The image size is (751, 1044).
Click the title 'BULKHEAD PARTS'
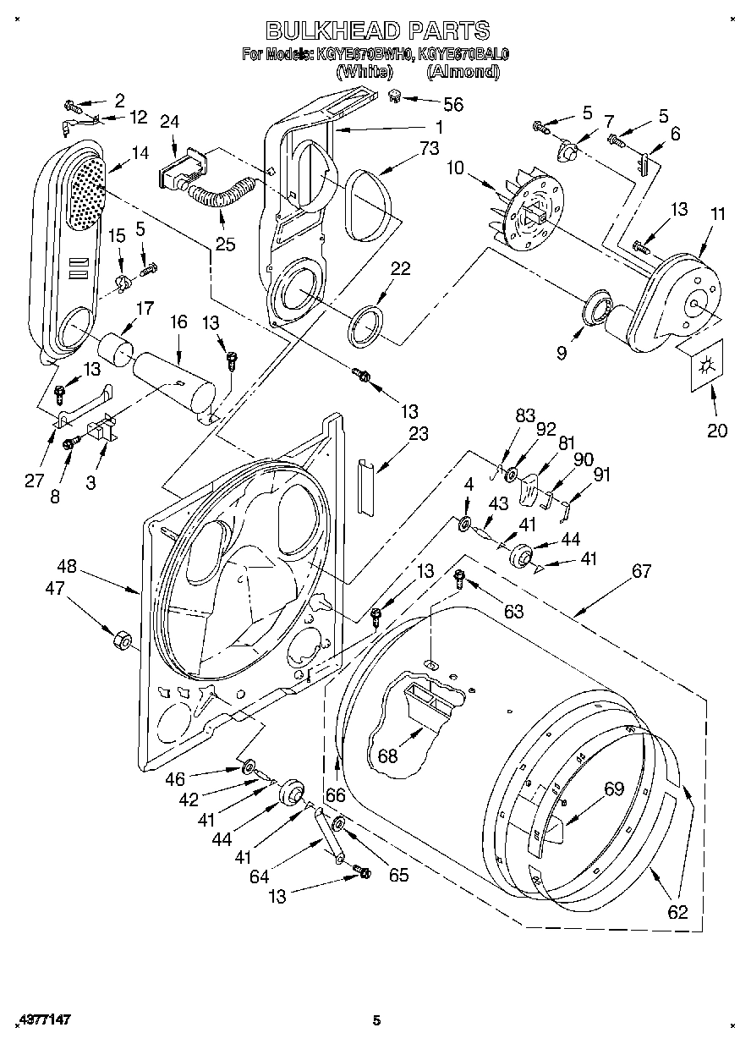tap(376, 31)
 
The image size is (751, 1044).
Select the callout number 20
tap(716, 430)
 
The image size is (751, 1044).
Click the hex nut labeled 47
tap(120, 639)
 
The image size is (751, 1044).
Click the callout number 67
tap(641, 571)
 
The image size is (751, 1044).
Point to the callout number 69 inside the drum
tap(613, 789)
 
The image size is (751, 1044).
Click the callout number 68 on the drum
tap(387, 756)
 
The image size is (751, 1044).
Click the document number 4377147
tap(42, 1021)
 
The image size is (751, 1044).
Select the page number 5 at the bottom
tap(377, 1021)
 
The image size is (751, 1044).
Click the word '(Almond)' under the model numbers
tap(463, 72)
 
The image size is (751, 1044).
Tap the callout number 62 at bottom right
tap(677, 911)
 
